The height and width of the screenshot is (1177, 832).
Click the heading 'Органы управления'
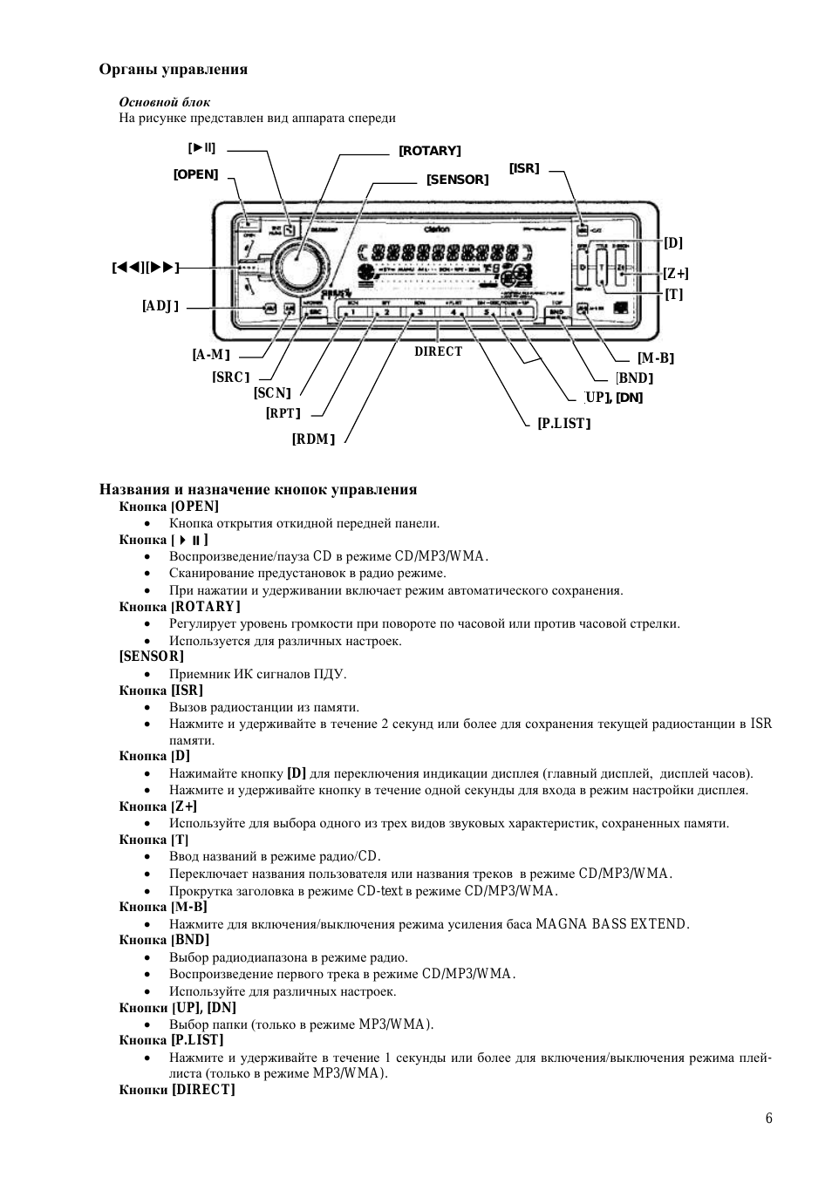coord(173,70)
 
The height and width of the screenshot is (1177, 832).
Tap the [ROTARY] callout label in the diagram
coord(429,151)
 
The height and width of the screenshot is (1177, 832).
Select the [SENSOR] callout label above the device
coord(457,180)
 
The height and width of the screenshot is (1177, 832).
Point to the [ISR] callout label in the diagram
coord(524,168)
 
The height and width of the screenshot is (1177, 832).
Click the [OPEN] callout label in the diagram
coord(195,174)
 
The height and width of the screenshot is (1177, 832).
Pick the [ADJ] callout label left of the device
coord(160,306)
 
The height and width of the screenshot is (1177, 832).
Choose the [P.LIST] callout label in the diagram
coord(564,424)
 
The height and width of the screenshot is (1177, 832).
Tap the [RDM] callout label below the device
coord(313,439)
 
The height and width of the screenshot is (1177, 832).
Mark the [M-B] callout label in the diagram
coord(655,358)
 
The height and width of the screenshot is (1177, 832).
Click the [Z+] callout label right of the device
coord(675,274)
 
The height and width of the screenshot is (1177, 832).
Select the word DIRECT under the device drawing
coord(438,351)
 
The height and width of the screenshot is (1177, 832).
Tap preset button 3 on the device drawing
coord(419,312)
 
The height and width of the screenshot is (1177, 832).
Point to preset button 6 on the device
coord(519,312)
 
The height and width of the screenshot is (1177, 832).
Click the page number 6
coord(768,1119)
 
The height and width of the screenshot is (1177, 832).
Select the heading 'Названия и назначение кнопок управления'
coord(258,489)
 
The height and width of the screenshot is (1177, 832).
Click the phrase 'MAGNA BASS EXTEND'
coord(612,924)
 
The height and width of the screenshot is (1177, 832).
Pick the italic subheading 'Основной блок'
coord(165,102)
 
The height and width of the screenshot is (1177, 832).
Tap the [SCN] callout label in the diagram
coord(272,393)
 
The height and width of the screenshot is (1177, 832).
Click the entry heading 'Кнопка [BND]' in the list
coord(164,940)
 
